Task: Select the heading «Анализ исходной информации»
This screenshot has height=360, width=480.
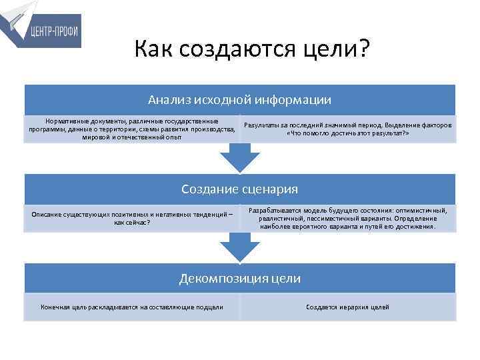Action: coord(239,100)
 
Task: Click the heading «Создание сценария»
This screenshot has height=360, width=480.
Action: coord(239,189)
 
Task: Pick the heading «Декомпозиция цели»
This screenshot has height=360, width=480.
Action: coord(239,278)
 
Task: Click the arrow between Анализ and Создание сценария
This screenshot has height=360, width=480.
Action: coord(239,157)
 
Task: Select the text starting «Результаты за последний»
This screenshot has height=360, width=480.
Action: coord(347,129)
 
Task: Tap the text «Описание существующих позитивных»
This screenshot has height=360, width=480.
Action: coord(132,218)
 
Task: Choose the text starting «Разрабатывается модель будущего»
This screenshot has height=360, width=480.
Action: coord(347,218)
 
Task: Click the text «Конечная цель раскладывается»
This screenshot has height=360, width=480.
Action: coord(132,307)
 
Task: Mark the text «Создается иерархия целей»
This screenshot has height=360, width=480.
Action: coord(347,307)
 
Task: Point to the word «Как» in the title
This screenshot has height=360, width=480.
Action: coord(154,49)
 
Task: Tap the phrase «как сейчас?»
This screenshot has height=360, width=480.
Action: coord(132,223)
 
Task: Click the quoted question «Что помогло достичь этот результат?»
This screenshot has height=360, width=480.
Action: coord(347,133)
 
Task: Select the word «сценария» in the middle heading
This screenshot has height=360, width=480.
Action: coord(269,189)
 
